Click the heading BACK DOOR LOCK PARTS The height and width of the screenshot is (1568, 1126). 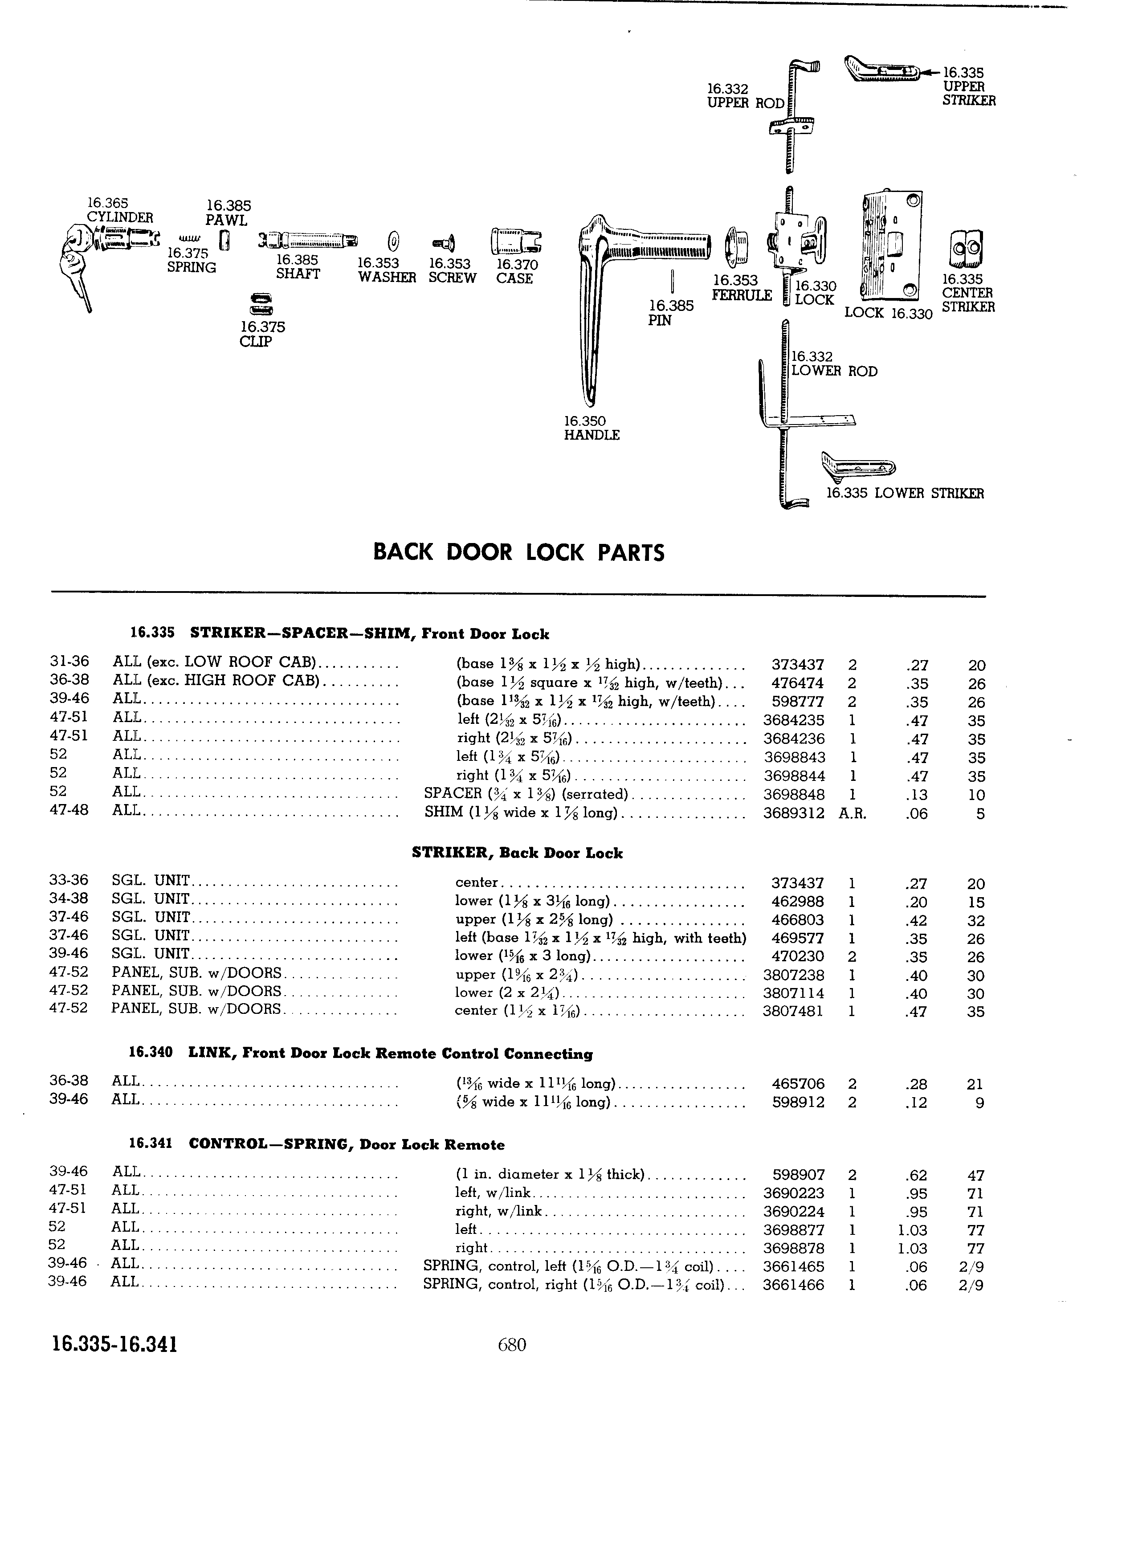[518, 552]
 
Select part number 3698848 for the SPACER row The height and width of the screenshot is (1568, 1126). [794, 794]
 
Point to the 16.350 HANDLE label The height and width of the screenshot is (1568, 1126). [592, 428]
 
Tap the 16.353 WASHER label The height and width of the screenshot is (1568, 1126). [386, 270]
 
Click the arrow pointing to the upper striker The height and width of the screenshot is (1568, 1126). [931, 72]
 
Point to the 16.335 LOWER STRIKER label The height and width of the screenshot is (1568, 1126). [905, 494]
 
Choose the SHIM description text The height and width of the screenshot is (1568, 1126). [522, 813]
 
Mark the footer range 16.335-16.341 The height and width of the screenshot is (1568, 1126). [115, 1345]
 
